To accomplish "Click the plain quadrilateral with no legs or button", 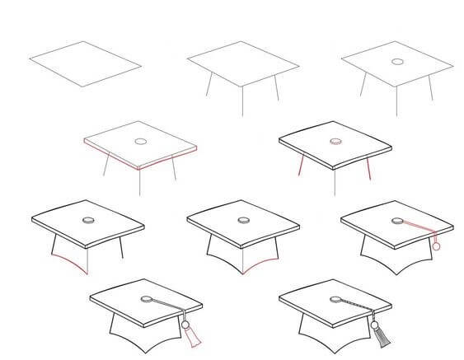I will [x=85, y=63].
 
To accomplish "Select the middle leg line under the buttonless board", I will [x=242, y=101].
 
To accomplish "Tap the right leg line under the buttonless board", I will [x=275, y=88].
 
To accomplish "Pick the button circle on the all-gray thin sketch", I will [x=396, y=62].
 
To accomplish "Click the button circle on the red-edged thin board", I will [x=140, y=142].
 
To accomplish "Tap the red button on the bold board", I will [x=335, y=141].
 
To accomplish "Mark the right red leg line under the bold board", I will [x=368, y=169].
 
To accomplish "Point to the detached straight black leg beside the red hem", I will [x=122, y=249].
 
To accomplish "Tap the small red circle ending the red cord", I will [x=436, y=245].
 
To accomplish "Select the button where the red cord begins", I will [x=397, y=220].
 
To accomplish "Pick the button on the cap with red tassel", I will [x=146, y=299].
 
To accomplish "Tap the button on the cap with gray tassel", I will [x=335, y=298].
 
